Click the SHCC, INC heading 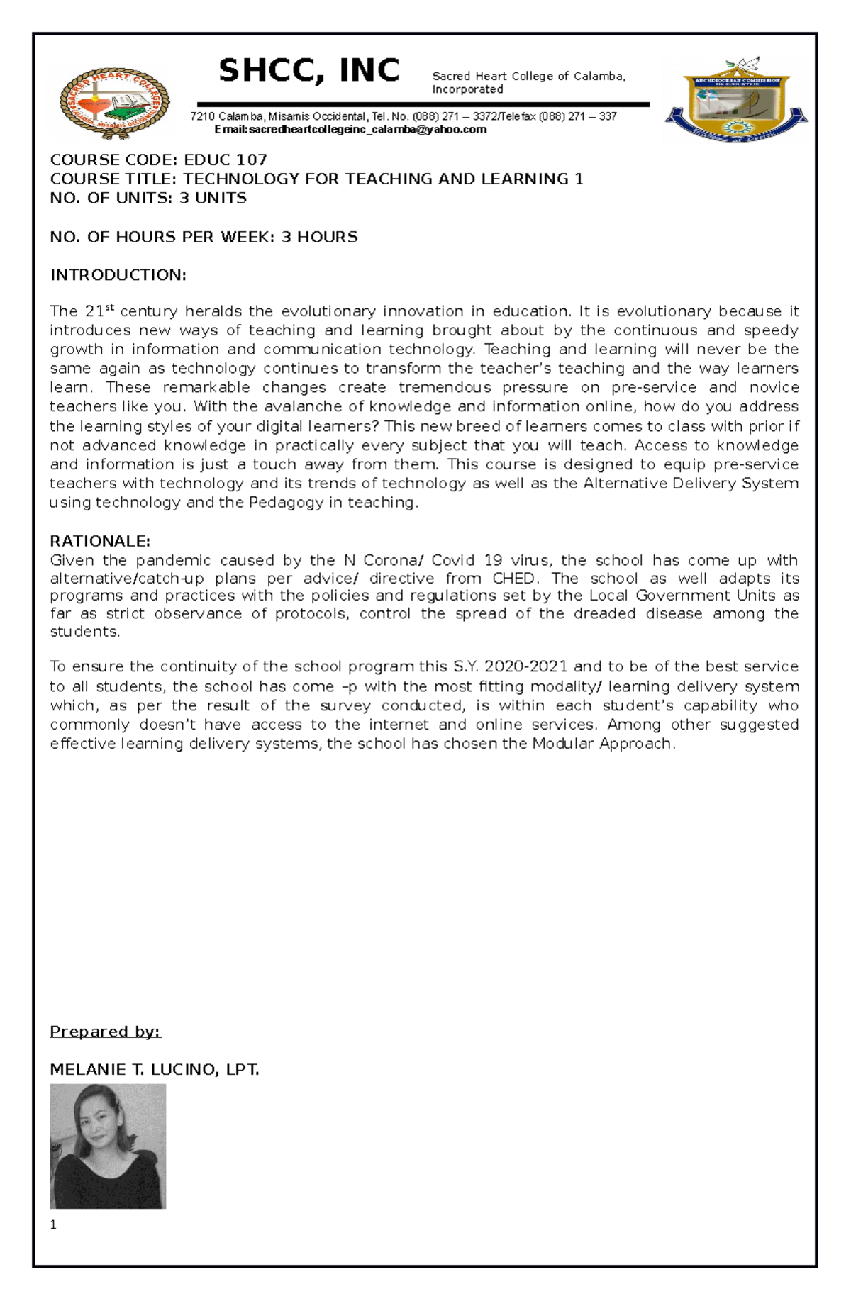(308, 71)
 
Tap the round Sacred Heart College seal (114, 104)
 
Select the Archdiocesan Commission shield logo (735, 101)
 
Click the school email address (350, 130)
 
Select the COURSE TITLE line (316, 179)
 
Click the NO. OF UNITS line (148, 198)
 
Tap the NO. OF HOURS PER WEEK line (204, 237)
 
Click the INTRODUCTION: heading (118, 275)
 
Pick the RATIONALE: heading (100, 541)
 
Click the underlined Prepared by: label (106, 1032)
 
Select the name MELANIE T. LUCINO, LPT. (155, 1070)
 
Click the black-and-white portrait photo (108, 1146)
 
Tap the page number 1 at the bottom (53, 1224)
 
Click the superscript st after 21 (109, 308)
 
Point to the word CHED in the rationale (513, 578)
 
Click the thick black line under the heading (423, 105)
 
